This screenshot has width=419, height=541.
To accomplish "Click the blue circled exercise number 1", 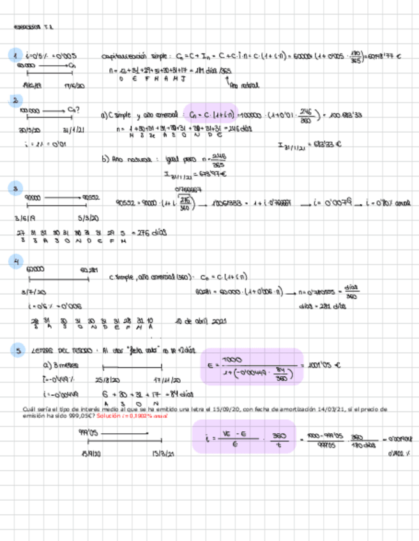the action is coord(15,56).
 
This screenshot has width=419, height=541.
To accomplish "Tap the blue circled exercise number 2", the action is coord(15,100).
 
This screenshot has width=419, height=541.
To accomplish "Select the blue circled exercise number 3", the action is coord(15,188).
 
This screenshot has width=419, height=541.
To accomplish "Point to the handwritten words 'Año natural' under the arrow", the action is coord(243,85).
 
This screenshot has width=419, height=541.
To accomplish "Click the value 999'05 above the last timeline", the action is coord(87,432).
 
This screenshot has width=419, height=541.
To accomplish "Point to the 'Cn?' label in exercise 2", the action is coord(73,110).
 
